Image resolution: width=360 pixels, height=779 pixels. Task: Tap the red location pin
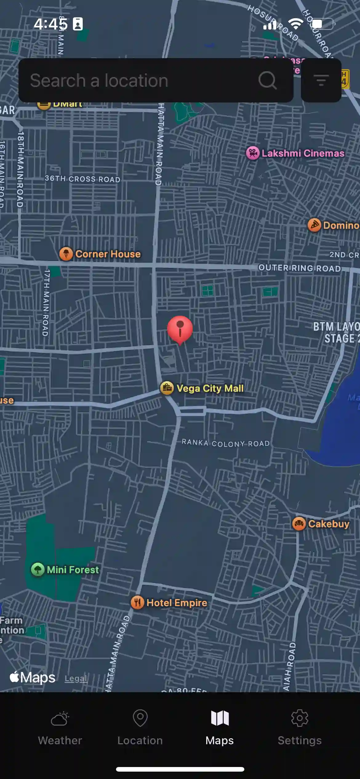coord(180,329)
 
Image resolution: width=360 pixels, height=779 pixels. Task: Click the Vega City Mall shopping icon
coord(167,388)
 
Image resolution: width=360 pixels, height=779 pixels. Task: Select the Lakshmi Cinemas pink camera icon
coord(253,153)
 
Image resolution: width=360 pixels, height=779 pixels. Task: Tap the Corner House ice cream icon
coord(66,254)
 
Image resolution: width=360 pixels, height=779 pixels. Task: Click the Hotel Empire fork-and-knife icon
coord(137,602)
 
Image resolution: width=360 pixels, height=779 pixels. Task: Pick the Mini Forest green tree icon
coord(38,569)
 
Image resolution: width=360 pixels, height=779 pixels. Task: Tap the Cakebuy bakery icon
coord(299,524)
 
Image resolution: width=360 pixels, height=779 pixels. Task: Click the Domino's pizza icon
coord(314,225)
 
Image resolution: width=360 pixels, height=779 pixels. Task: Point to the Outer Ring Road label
coord(299,268)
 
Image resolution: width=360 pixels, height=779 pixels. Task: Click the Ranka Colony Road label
coord(226,443)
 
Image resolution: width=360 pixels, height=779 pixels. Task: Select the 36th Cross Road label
coord(82,179)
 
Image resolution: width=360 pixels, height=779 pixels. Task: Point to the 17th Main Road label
coord(46,303)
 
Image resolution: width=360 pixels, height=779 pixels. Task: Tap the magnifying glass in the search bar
coord(267,80)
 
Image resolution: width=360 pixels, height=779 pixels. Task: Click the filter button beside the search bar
coord(321,80)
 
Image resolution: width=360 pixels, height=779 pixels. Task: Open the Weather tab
coord(60,727)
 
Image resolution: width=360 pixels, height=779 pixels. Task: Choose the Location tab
coord(140,727)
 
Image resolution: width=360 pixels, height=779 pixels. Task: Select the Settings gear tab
coord(299,727)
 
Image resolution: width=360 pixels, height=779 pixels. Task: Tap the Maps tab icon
coord(220,719)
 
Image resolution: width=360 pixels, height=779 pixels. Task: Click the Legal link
coord(76,678)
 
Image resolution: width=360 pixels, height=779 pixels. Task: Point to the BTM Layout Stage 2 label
coord(336,333)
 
